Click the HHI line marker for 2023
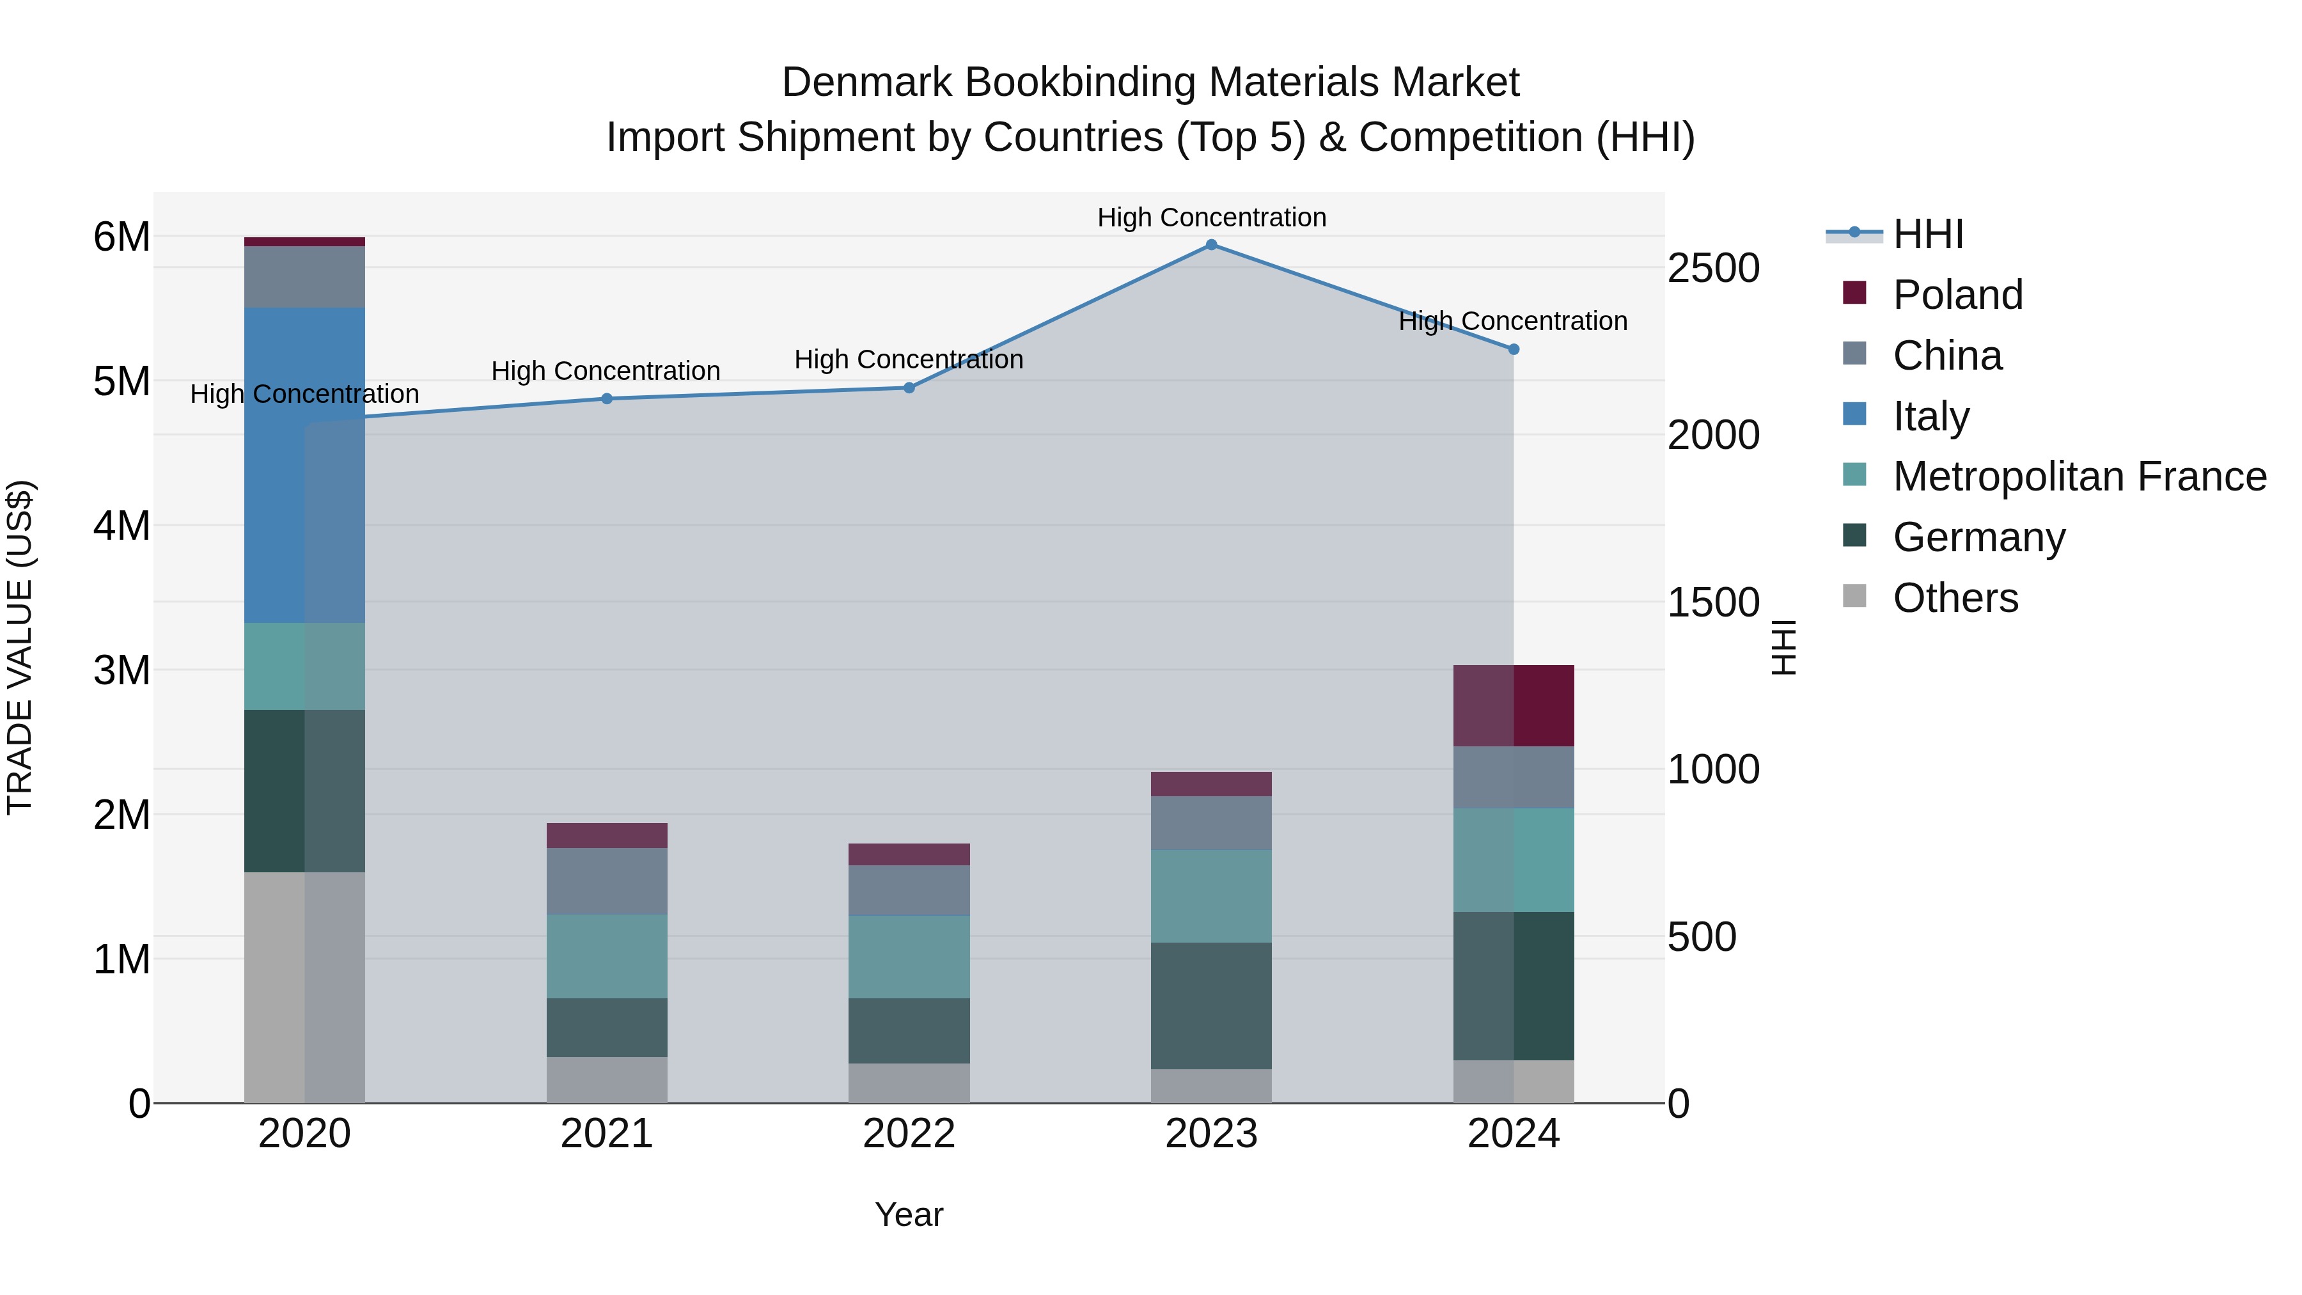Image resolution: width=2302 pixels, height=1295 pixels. tap(1211, 245)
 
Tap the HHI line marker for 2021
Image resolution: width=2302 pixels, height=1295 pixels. tap(607, 398)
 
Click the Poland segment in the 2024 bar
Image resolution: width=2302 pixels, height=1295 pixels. tap(1513, 705)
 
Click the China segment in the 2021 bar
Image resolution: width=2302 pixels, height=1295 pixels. tap(607, 881)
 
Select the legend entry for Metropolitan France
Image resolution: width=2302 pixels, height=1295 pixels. tap(2079, 476)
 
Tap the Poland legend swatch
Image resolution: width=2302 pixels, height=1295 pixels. tap(1854, 293)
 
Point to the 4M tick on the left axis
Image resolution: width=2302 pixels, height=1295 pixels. tap(121, 526)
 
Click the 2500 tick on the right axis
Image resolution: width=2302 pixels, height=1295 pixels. tap(1713, 268)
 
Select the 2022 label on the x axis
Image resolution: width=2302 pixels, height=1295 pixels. tap(909, 1134)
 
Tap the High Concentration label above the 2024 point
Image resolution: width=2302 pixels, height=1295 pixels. tap(1512, 321)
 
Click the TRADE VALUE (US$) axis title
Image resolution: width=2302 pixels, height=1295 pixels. tap(20, 647)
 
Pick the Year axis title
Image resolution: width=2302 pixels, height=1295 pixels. tap(909, 1214)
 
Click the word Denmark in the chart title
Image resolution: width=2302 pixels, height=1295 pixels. tap(867, 82)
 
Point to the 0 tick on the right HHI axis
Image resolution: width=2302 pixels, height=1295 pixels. tap(1679, 1104)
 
